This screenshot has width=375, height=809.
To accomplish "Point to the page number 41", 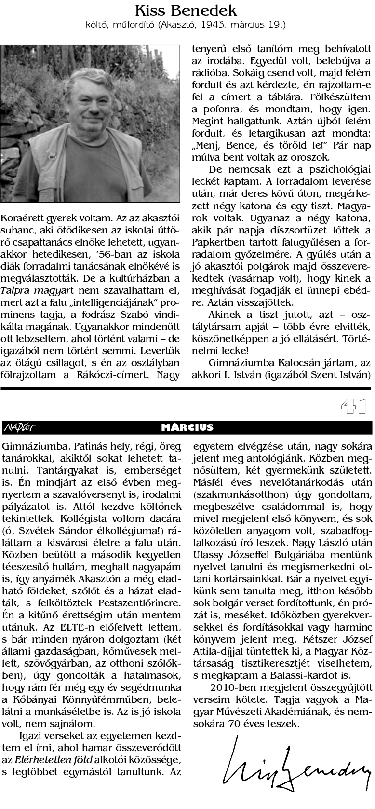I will point(356,407).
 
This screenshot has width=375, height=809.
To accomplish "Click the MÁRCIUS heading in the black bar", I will point(187,427).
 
